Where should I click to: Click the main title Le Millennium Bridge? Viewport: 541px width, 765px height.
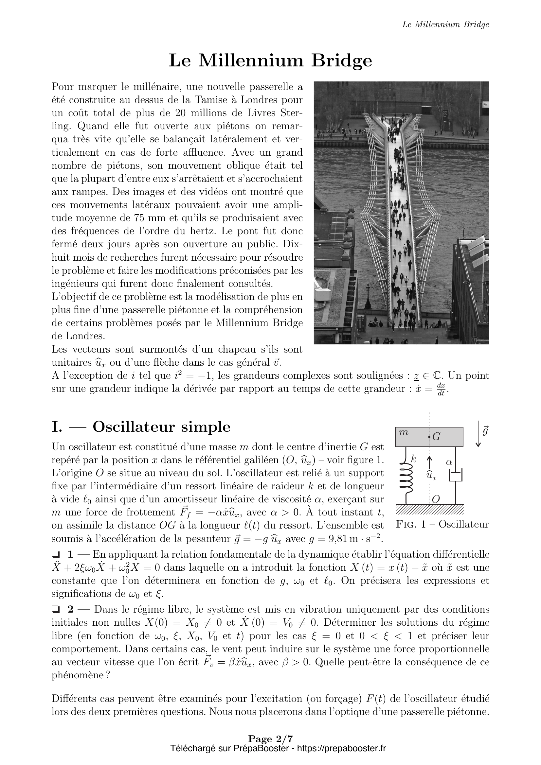(270, 61)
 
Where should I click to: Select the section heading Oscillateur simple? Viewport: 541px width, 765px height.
(161, 427)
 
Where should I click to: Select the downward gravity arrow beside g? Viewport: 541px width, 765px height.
(478, 434)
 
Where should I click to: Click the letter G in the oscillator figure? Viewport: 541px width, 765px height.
(436, 437)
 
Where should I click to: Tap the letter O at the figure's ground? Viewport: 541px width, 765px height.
(436, 499)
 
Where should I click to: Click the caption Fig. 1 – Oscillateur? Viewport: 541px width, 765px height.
(442, 524)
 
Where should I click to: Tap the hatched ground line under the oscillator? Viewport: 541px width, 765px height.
(429, 509)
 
